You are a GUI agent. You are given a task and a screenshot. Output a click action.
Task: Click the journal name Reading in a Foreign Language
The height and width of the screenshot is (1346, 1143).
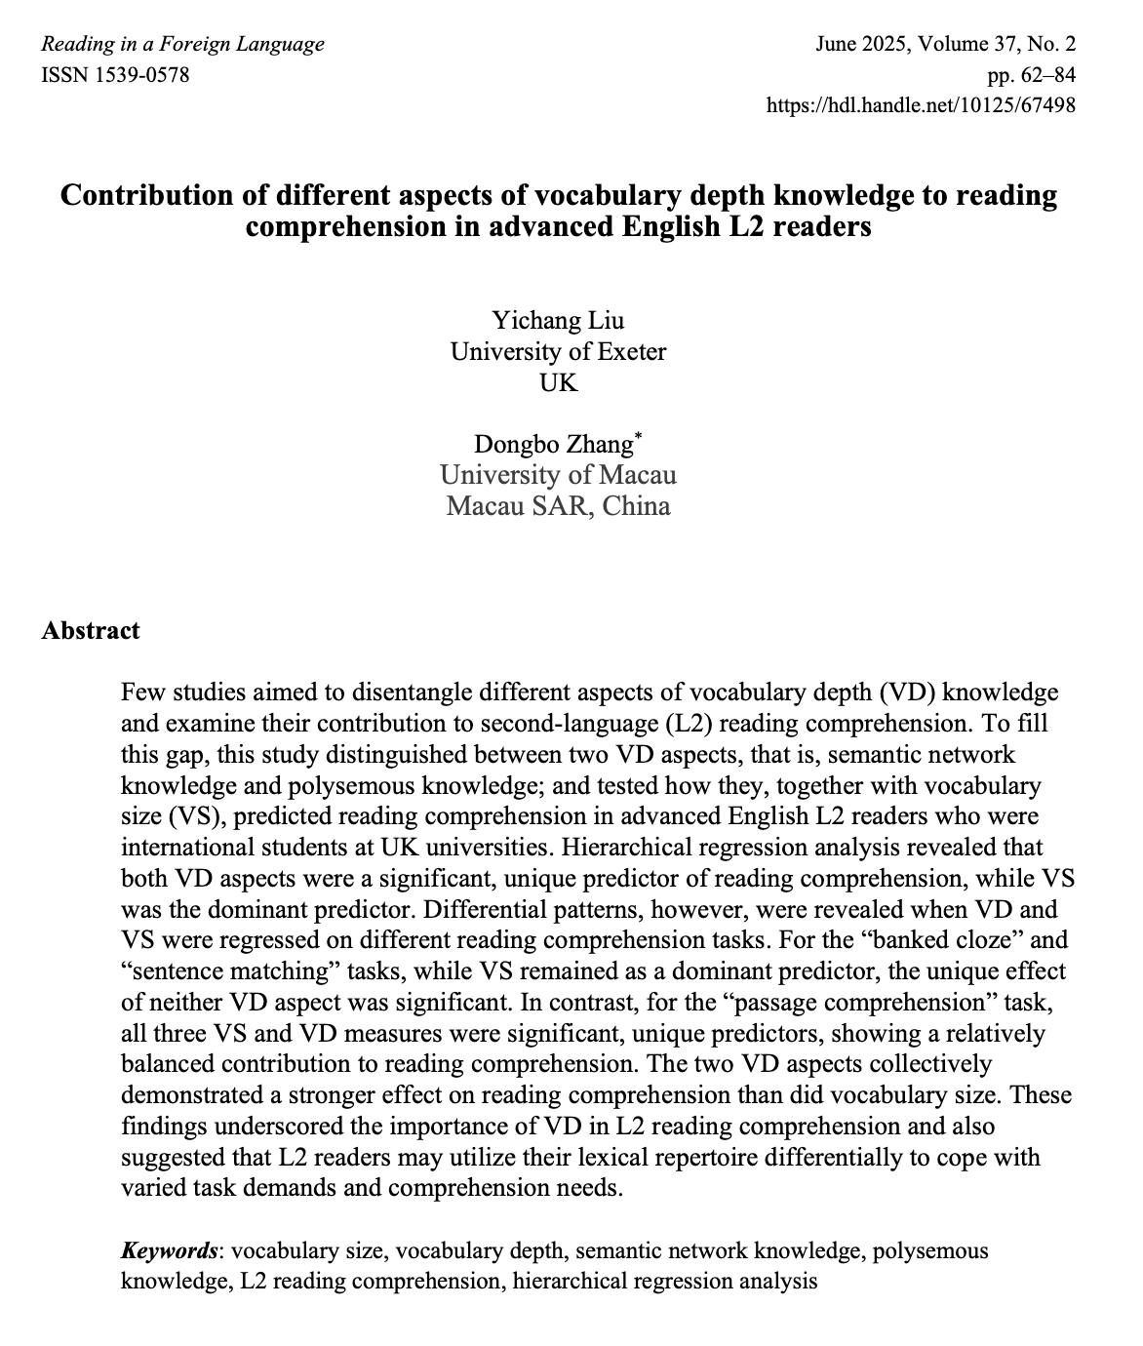click(183, 44)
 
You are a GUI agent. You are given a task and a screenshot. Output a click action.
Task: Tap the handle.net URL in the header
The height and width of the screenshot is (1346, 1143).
click(922, 105)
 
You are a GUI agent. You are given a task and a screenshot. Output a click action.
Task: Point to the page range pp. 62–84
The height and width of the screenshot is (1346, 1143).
click(1032, 75)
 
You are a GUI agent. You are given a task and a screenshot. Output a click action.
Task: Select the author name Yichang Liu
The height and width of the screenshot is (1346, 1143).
click(558, 320)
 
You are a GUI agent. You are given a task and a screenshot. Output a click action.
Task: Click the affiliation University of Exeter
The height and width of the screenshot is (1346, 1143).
click(558, 351)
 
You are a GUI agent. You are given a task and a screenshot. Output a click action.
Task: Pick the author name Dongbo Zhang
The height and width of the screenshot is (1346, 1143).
click(553, 445)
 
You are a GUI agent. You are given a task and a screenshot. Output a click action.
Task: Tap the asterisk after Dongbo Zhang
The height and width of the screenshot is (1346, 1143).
click(638, 438)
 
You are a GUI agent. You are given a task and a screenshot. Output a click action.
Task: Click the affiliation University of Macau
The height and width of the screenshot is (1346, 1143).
click(558, 475)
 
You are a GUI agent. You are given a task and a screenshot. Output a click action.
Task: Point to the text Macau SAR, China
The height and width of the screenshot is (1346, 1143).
click(558, 506)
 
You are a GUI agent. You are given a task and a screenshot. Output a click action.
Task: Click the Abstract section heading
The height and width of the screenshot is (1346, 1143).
click(91, 630)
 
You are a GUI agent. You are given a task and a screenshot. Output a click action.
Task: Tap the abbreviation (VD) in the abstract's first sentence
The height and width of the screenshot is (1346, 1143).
click(908, 693)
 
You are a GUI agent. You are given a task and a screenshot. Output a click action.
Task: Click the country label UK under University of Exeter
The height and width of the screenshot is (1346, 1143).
click(558, 382)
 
